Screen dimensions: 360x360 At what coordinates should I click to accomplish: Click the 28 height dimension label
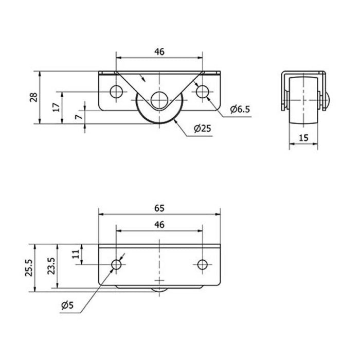34,97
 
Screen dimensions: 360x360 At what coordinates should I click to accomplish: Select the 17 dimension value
56,107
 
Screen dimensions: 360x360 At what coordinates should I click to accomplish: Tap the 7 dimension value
79,117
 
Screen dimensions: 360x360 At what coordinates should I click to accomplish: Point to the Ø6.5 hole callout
240,109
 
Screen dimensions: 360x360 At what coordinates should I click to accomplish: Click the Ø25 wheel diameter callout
202,129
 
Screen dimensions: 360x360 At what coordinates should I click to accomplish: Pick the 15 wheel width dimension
303,138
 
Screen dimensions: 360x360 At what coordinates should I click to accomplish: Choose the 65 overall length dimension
159,208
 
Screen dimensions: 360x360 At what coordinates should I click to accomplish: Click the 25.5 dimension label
29,268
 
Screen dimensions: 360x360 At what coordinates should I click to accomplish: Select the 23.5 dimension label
51,266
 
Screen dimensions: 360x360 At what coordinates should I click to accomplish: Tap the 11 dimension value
76,254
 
